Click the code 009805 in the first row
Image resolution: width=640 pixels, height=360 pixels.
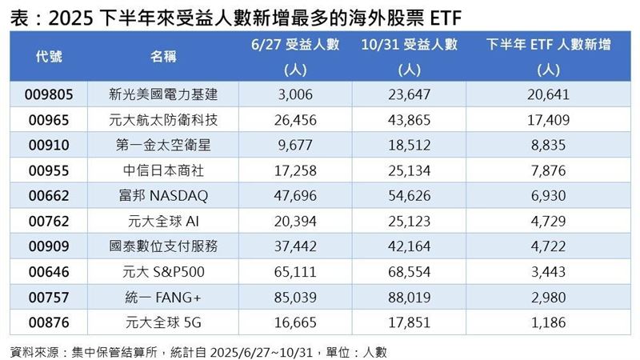coord(50,94)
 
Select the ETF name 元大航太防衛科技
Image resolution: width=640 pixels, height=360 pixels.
coord(163,120)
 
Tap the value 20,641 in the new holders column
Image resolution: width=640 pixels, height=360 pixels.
coord(549,94)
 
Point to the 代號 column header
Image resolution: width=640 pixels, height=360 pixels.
coord(50,57)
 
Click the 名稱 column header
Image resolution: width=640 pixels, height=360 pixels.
coord(163,57)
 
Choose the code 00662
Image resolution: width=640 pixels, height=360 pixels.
coord(50,196)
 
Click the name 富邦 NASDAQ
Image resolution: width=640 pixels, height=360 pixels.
coord(163,196)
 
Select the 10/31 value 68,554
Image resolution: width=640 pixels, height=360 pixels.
coord(407,272)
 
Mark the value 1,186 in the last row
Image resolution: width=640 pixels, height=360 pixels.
coord(549,323)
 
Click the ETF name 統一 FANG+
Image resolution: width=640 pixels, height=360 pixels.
coord(163,298)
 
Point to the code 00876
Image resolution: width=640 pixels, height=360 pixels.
coord(50,323)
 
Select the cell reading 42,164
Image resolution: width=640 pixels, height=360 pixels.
coord(407,247)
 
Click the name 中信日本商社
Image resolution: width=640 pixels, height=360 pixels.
coord(163,170)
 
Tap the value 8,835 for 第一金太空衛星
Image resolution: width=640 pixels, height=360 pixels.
coord(549,145)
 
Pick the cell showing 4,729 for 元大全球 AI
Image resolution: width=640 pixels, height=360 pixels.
coord(549,222)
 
